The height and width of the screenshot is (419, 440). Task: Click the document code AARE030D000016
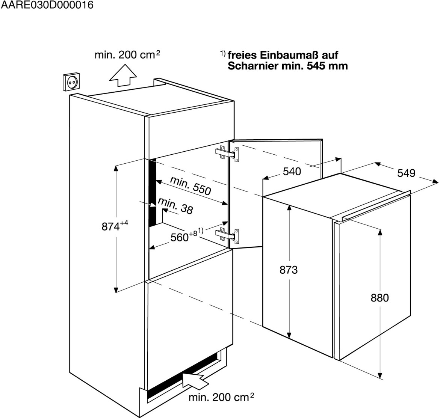point(47,6)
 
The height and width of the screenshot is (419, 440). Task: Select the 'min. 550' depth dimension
point(190,185)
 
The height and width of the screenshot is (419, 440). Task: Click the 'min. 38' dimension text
point(175,206)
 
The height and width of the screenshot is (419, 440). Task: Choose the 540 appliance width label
point(292,172)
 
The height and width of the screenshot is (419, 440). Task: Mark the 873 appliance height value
point(289,270)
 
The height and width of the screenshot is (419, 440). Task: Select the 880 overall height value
point(380,298)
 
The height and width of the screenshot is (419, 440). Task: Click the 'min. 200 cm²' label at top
point(127,55)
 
